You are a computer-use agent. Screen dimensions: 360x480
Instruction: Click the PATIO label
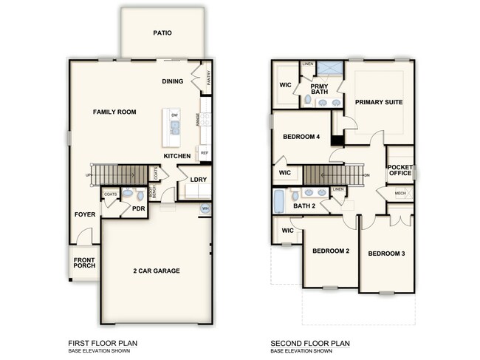pyautogui.click(x=162, y=33)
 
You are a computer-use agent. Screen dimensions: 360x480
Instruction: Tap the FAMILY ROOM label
pyautogui.click(x=114, y=112)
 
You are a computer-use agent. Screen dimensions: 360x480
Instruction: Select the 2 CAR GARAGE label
pyautogui.click(x=156, y=271)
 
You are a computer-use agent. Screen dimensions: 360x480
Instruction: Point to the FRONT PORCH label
pyautogui.click(x=85, y=262)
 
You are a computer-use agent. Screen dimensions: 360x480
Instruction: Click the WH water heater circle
pyautogui.click(x=205, y=209)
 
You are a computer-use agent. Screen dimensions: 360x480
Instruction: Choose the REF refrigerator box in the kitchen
pyautogui.click(x=204, y=153)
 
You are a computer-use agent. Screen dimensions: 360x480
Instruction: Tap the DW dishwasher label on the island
pyautogui.click(x=175, y=116)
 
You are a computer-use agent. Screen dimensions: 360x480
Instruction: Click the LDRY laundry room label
pyautogui.click(x=197, y=180)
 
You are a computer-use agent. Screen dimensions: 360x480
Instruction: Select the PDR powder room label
pyautogui.click(x=137, y=208)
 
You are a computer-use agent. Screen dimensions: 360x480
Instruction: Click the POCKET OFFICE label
pyautogui.click(x=400, y=170)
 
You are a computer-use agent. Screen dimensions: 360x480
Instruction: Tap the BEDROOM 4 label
pyautogui.click(x=301, y=137)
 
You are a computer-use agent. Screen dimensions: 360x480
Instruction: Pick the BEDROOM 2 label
pyautogui.click(x=330, y=251)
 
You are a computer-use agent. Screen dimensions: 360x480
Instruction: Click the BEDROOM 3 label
pyautogui.click(x=387, y=254)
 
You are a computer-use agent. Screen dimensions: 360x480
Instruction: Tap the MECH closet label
pyautogui.click(x=400, y=194)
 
